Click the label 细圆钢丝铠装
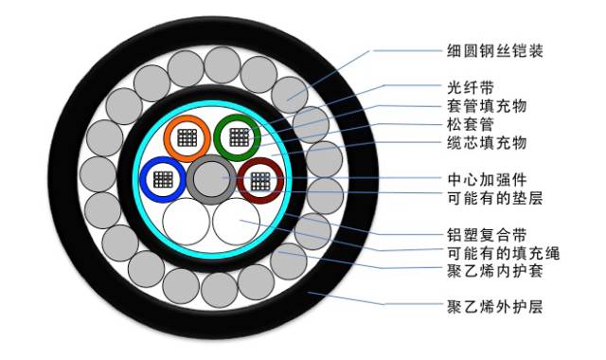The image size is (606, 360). pyautogui.click(x=493, y=50)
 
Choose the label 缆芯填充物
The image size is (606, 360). pyautogui.click(x=487, y=143)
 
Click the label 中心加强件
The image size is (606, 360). pyautogui.click(x=487, y=178)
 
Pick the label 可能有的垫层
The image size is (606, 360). pyautogui.click(x=493, y=198)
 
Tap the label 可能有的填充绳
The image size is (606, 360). pyautogui.click(x=493, y=253)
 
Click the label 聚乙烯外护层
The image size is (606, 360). pyautogui.click(x=493, y=307)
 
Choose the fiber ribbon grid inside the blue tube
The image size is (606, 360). pyautogui.click(x=163, y=178)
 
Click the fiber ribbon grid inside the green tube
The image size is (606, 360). pyautogui.click(x=238, y=136)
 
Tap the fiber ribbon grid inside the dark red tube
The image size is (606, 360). pyautogui.click(x=260, y=180)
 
